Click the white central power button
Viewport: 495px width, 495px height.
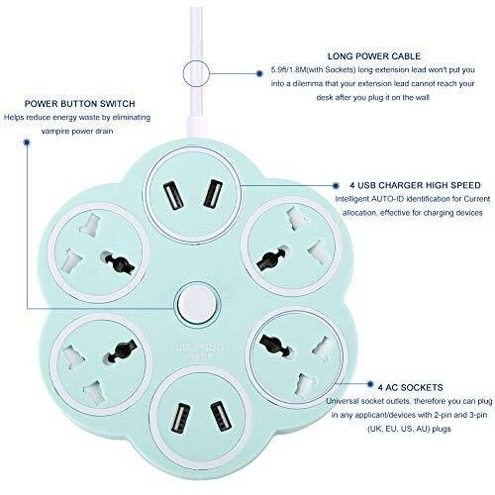(196, 303)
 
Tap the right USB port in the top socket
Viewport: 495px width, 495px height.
(213, 193)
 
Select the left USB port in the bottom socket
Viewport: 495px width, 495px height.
(180, 418)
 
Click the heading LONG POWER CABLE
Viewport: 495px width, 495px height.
(374, 56)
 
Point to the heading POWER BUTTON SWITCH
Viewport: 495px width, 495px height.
(79, 104)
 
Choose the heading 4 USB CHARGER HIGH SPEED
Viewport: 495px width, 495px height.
(415, 185)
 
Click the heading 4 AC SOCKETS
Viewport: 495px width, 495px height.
(410, 387)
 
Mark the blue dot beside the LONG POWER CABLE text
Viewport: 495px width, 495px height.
(259, 73)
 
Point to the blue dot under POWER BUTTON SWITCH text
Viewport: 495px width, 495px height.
(27, 143)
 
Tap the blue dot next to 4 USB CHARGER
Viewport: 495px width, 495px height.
(336, 186)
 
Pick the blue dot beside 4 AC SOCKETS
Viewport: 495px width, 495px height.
(370, 384)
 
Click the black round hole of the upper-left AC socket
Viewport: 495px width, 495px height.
(119, 262)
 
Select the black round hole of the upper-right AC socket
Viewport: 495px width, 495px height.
(271, 258)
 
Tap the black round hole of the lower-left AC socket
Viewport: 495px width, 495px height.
(120, 351)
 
